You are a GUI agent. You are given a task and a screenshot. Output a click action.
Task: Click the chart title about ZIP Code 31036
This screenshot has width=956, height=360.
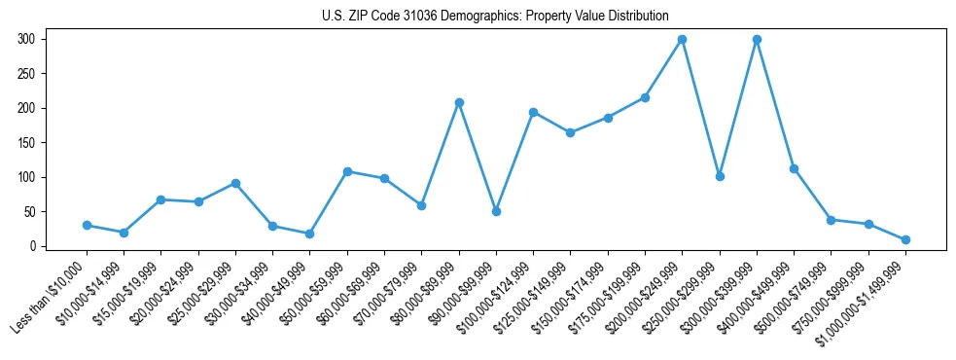pos(495,16)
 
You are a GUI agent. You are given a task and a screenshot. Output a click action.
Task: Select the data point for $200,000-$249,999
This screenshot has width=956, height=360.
pos(683,39)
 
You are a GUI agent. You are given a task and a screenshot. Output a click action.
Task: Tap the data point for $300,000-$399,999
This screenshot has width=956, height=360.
pos(757,39)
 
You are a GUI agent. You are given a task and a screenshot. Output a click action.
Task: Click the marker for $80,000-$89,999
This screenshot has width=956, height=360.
pos(459,102)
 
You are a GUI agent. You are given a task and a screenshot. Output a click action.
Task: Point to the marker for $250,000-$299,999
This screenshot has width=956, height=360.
pos(720,176)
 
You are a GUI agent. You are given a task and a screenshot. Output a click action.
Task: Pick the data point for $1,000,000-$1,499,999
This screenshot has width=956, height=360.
pos(905,239)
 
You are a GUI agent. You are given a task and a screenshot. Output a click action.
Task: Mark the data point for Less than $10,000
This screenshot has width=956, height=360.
pos(87,225)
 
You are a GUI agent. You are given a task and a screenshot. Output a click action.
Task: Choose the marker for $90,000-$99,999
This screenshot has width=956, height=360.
pos(496,211)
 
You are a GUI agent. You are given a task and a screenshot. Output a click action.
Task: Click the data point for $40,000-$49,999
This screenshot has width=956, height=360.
pos(309,234)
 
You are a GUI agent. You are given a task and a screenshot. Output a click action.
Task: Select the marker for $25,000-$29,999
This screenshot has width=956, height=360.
pos(235,183)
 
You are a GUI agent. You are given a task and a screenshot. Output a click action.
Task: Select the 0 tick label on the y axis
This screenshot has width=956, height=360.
pos(33,246)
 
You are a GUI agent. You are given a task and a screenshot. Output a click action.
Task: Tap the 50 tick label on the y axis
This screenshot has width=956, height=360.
pos(29,212)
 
